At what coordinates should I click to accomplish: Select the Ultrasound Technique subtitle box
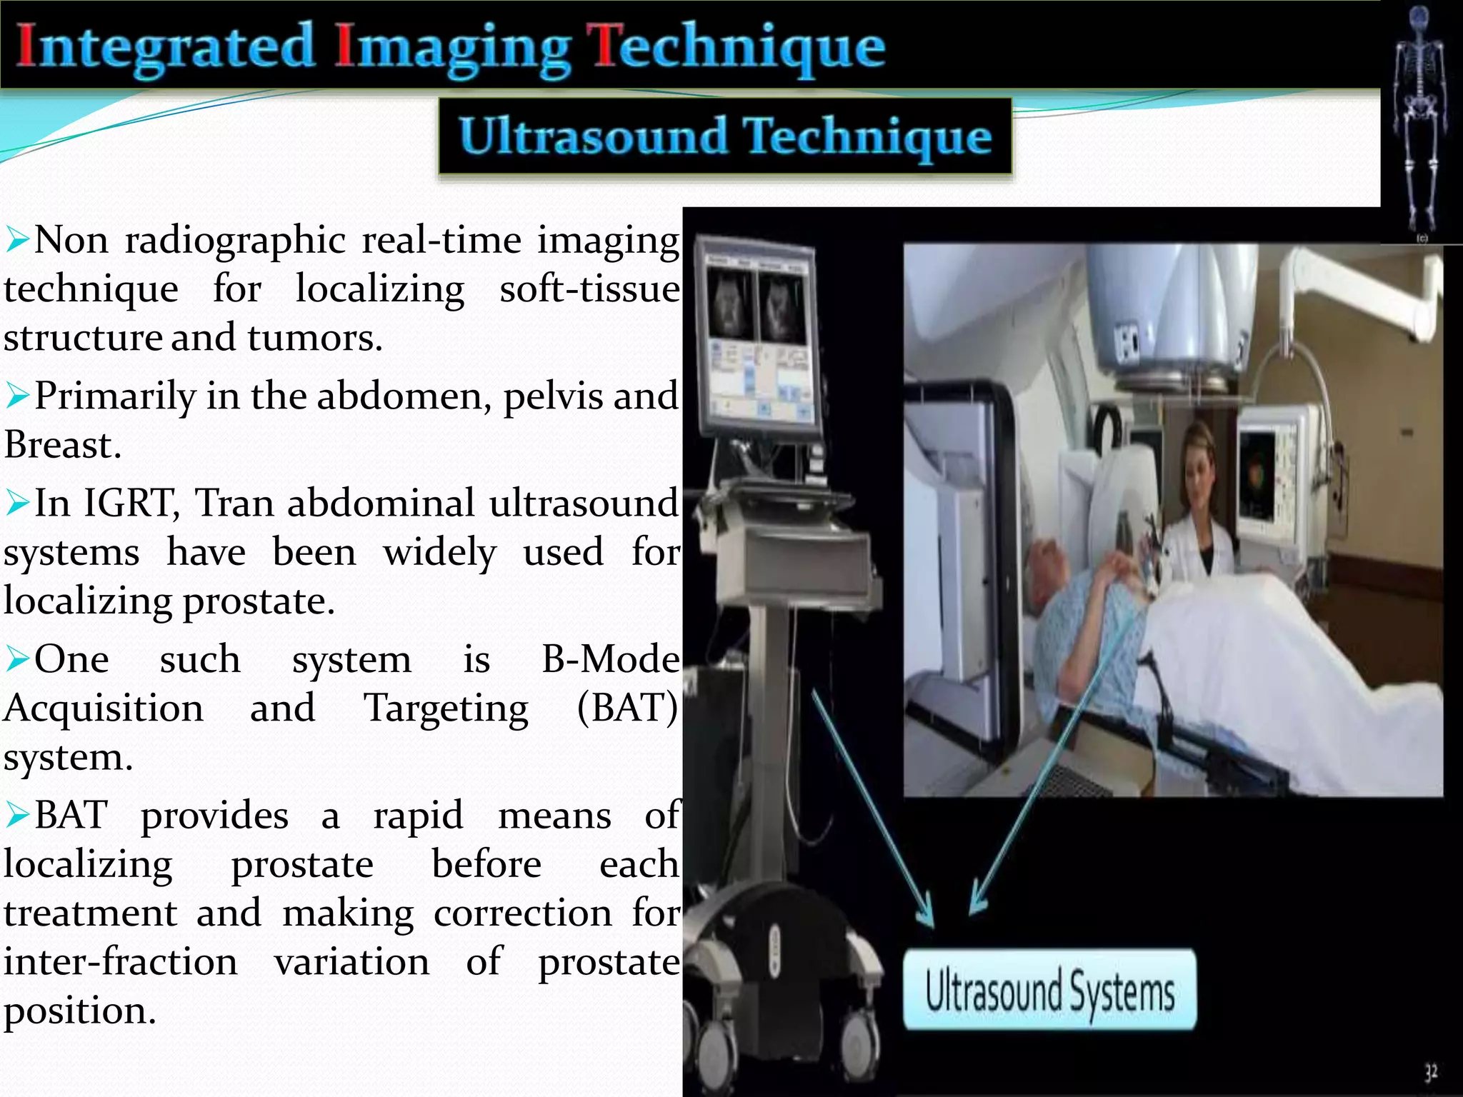[x=725, y=136]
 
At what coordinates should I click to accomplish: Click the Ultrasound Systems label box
[x=1049, y=990]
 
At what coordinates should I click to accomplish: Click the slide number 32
[x=1431, y=1072]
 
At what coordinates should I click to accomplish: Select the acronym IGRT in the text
[x=131, y=503]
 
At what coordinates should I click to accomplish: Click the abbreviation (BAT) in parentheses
[x=627, y=708]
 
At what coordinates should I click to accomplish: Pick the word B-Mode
[x=610, y=658]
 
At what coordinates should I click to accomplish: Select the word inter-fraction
[x=120, y=961]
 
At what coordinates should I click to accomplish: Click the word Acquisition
[x=104, y=708]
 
